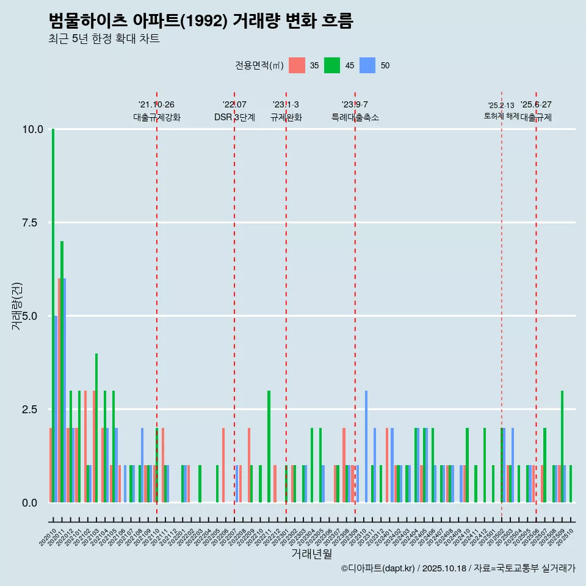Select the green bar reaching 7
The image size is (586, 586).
(x=62, y=372)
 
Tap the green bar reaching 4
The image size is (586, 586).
(x=96, y=427)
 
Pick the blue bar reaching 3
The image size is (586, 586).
(x=366, y=446)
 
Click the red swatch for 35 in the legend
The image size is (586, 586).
(x=297, y=65)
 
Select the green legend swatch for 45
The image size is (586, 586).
(x=332, y=65)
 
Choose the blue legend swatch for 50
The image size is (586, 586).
(x=367, y=65)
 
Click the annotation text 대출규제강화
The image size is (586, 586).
(x=157, y=117)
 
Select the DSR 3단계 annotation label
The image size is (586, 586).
(x=234, y=117)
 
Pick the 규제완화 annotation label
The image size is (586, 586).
(x=286, y=117)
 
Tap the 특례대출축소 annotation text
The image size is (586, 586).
(x=355, y=117)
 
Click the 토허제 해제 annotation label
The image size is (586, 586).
(x=501, y=115)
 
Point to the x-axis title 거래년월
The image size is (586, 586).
(x=311, y=554)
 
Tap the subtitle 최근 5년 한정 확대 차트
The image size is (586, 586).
(x=104, y=39)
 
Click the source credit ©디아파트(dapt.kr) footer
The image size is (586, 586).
(x=458, y=568)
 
